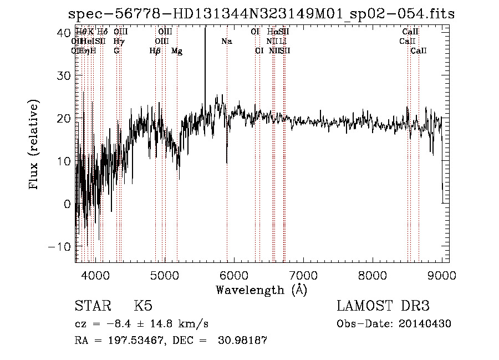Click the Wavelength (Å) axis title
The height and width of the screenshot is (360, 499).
click(x=261, y=290)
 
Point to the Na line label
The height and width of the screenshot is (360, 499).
click(x=227, y=42)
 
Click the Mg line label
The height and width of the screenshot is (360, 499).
click(x=177, y=51)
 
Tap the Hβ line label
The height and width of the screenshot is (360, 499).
click(x=155, y=51)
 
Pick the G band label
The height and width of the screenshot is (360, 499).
click(x=116, y=51)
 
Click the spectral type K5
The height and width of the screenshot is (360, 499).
click(x=143, y=306)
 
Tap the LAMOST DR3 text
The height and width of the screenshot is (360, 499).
click(x=383, y=306)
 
